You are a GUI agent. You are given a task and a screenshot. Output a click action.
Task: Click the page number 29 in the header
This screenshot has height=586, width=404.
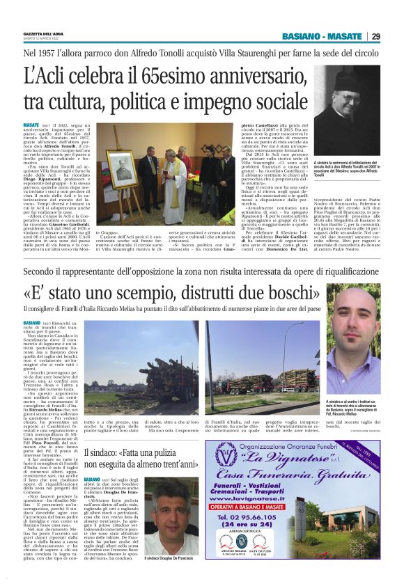pyautogui.click(x=394, y=36)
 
